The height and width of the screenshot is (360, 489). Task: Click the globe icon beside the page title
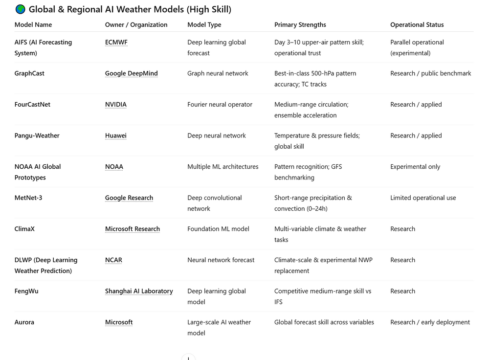(20, 9)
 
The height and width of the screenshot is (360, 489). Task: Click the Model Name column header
(33, 25)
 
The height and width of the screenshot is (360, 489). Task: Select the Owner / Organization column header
(136, 25)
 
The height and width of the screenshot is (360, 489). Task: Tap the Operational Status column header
(417, 25)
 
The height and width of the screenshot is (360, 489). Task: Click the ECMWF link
(116, 43)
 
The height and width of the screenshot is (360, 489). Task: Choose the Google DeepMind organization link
(131, 73)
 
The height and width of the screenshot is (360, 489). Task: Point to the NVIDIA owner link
(115, 105)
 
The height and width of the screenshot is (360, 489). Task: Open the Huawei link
(115, 135)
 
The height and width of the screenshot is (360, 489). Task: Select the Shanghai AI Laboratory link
(139, 291)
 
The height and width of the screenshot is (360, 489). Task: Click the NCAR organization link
(113, 260)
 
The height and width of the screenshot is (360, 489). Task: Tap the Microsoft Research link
(132, 229)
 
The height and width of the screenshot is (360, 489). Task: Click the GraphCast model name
(29, 73)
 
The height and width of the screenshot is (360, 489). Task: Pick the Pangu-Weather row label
(37, 135)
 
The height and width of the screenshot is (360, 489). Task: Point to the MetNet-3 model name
(28, 198)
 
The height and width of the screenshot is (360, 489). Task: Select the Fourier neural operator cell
(220, 105)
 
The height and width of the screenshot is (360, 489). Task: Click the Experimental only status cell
(415, 167)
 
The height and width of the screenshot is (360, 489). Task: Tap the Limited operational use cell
(423, 198)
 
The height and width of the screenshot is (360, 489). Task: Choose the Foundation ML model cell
(218, 229)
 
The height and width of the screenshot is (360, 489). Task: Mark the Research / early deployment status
(430, 322)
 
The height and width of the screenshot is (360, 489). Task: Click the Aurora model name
(24, 322)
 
